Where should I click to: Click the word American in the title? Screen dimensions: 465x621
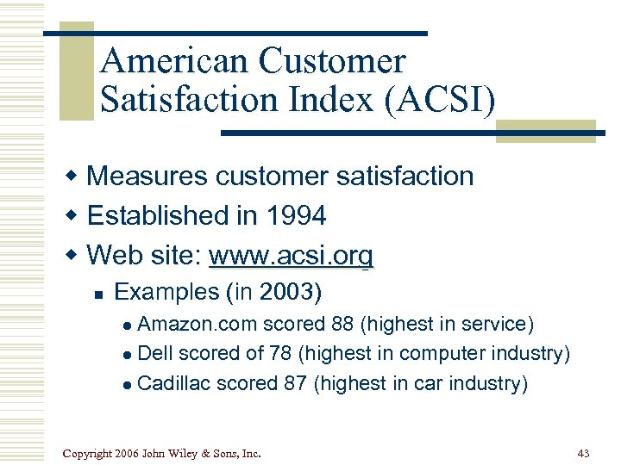(x=176, y=61)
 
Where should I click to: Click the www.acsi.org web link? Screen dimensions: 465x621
(x=292, y=256)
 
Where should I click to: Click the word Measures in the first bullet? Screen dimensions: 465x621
(x=147, y=176)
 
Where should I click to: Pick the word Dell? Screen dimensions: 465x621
(x=154, y=354)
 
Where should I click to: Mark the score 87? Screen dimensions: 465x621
(x=295, y=383)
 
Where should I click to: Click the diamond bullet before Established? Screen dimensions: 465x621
(x=75, y=216)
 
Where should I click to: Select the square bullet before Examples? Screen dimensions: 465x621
(x=98, y=294)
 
